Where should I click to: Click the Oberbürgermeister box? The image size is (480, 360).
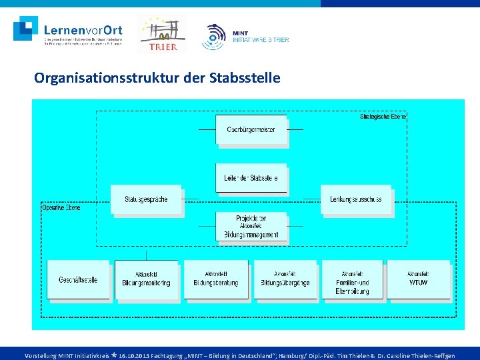click(251, 129)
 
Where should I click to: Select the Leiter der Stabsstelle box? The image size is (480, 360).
click(251, 178)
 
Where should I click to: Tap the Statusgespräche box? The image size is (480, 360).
click(146, 199)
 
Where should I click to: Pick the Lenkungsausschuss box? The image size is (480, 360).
click(355, 199)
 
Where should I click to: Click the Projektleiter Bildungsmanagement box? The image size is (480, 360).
click(251, 227)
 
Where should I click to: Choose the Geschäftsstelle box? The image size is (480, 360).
click(77, 279)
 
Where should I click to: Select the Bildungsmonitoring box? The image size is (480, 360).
click(146, 279)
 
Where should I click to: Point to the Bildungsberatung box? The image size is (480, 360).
click(215, 279)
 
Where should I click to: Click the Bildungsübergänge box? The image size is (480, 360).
click(285, 279)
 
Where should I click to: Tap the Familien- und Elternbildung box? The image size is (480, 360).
click(353, 279)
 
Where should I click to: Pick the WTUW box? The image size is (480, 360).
click(418, 279)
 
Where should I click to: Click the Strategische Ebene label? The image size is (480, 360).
click(383, 116)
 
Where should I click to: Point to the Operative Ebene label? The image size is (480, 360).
click(61, 208)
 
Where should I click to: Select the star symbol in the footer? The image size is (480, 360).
click(114, 355)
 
